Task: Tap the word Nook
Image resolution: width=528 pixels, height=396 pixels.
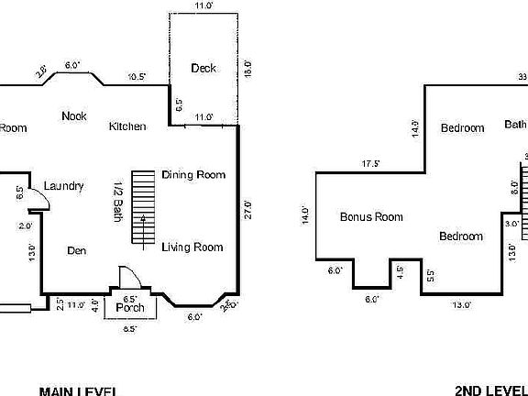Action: tap(74, 115)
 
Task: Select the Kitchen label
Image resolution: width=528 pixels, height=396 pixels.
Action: tap(127, 126)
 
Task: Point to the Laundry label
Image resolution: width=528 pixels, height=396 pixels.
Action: tap(63, 186)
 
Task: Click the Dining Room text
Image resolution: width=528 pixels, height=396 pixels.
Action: tap(192, 175)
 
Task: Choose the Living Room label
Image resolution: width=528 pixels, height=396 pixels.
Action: tap(192, 247)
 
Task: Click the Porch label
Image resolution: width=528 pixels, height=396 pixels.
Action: tap(130, 308)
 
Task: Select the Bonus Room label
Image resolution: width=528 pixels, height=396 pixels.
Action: tap(371, 217)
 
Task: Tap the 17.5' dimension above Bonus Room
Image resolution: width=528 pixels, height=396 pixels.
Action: tap(371, 164)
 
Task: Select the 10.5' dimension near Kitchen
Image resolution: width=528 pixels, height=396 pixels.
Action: tap(137, 76)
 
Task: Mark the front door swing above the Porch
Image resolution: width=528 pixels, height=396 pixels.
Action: tap(128, 278)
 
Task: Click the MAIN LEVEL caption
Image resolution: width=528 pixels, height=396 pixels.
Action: tap(77, 391)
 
